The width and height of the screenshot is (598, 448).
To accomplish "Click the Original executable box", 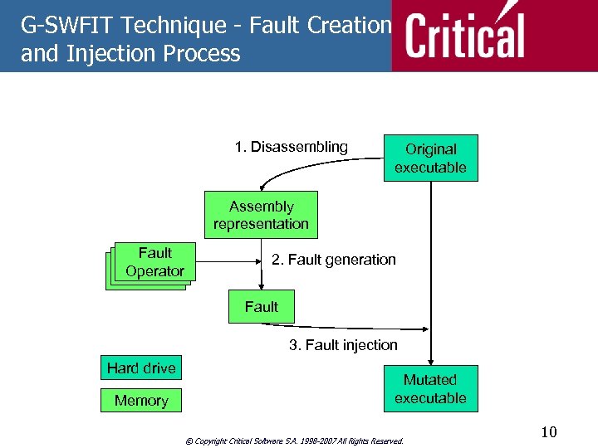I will [430, 158].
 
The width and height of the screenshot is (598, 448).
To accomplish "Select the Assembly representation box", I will [261, 215].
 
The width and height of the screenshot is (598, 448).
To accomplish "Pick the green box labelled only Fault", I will [261, 307].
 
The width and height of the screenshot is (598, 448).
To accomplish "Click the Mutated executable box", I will [430, 388].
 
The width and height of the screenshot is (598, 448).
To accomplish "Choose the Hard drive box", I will [141, 368].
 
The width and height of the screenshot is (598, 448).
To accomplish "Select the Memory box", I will [141, 401].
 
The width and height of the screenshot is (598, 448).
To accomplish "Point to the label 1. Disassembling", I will [291, 147].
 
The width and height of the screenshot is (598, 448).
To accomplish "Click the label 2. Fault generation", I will [334, 260].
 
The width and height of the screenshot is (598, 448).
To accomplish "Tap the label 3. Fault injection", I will [343, 344].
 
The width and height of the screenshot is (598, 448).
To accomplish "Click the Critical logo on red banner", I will [465, 35].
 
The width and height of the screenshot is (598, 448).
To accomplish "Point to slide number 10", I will [548, 432].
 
